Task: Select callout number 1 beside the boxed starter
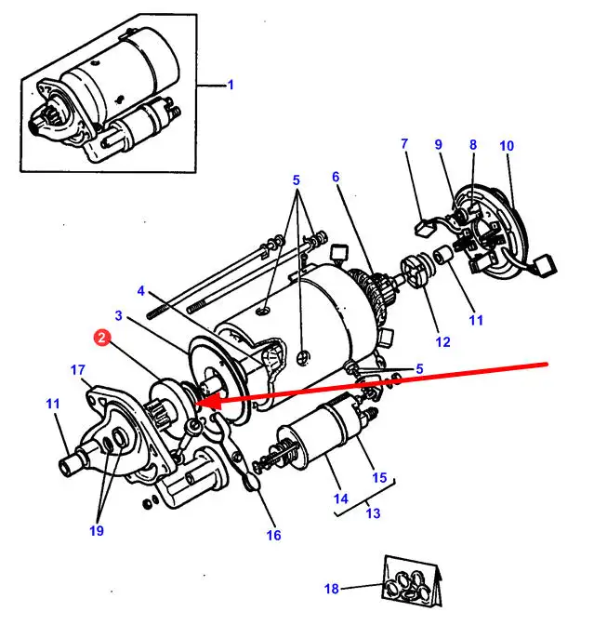tap(231, 86)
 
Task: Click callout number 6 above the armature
tap(335, 178)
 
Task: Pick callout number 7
tap(404, 144)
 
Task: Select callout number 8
tap(472, 144)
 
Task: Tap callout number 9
tap(439, 144)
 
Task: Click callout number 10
tap(506, 146)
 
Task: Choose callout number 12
tap(442, 342)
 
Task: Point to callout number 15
tap(379, 478)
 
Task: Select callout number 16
tap(273, 535)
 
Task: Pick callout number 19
tap(97, 531)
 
